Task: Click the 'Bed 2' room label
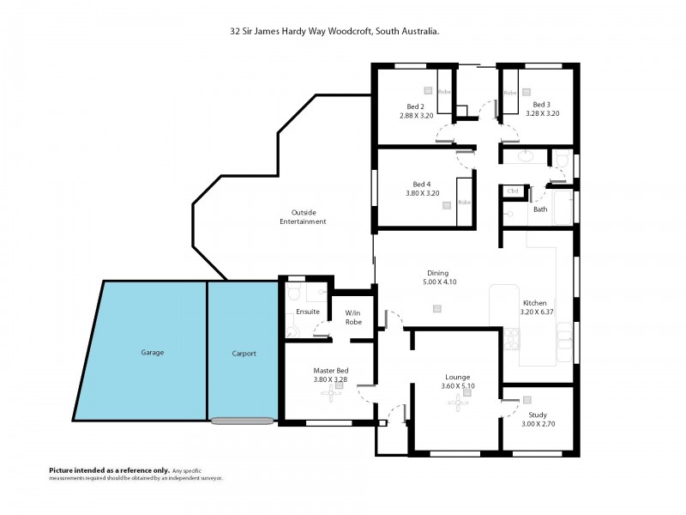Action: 416,106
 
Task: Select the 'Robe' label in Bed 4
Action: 465,202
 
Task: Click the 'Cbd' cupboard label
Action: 514,191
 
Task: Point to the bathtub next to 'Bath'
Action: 563,209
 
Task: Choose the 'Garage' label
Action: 152,353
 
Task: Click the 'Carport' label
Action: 244,354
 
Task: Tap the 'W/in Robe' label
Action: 352,317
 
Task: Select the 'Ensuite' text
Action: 308,311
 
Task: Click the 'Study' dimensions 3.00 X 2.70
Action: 538,423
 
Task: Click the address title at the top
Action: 335,32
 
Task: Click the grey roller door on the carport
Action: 243,421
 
